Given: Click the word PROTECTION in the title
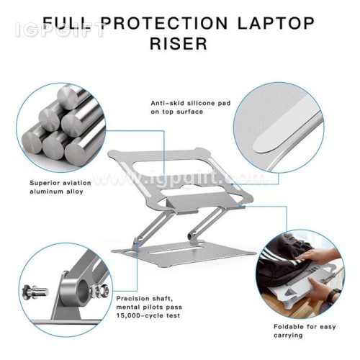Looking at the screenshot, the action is click(165, 23).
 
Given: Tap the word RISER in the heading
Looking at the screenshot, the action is click(179, 43).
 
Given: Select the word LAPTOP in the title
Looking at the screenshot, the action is click(276, 23).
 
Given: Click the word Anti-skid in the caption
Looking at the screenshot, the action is click(168, 103).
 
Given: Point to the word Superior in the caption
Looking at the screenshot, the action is click(44, 183).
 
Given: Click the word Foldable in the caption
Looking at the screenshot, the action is click(289, 327).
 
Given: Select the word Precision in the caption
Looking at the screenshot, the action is click(133, 299).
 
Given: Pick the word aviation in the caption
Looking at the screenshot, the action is click(76, 183).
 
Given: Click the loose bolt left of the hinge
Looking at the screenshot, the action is click(35, 292).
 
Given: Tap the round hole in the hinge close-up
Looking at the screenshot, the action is click(83, 291).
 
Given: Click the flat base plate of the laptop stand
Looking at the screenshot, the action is click(184, 253).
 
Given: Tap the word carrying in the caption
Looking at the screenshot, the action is click(288, 336).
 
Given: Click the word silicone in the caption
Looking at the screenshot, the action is click(201, 103).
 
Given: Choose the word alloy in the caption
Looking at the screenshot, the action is click(74, 192).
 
